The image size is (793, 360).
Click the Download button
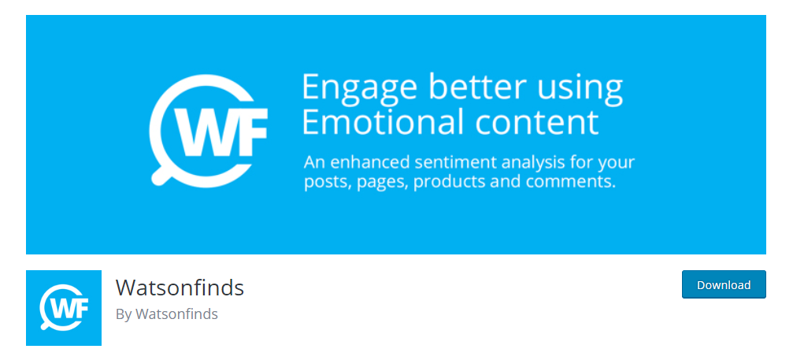[x=724, y=284]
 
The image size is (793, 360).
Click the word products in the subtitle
[x=449, y=182]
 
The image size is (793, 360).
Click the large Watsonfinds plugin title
[x=180, y=288]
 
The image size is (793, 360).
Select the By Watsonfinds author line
[x=167, y=314]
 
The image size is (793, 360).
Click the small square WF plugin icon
[x=64, y=308]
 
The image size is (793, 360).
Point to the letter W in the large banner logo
[x=203, y=131]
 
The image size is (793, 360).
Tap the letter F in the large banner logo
[x=251, y=131]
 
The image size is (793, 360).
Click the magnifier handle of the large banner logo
[x=161, y=174]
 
